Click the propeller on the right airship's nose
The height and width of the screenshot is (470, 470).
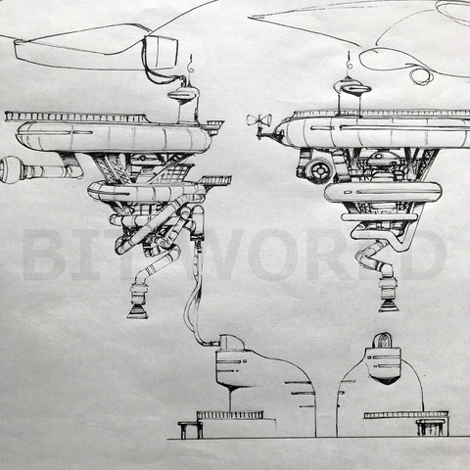(258, 120)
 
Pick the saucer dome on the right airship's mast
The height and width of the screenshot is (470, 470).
(352, 87)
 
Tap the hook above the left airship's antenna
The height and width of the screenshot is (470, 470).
(190, 66)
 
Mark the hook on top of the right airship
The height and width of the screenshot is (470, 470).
(350, 61)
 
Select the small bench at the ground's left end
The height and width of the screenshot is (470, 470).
(190, 430)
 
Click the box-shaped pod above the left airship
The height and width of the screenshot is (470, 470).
(162, 52)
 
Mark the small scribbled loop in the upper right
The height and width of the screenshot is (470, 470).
(421, 76)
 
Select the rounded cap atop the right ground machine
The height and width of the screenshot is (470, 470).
(383, 341)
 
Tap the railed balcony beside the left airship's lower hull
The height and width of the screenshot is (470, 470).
(215, 180)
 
